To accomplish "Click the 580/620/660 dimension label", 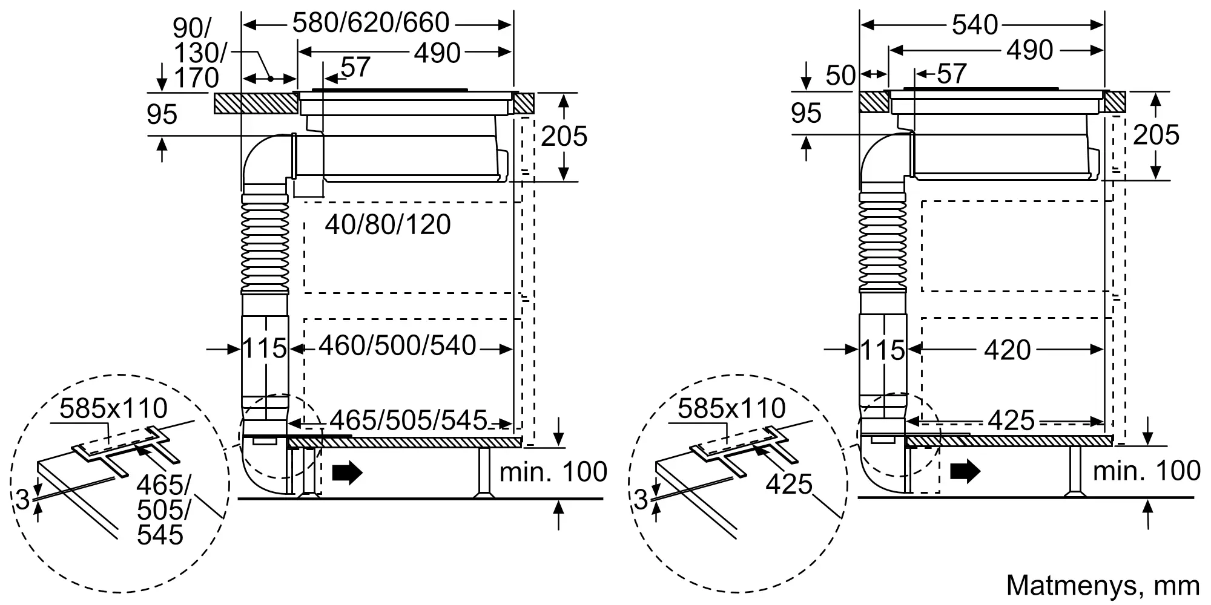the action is (x=371, y=24).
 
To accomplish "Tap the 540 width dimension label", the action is (x=975, y=25).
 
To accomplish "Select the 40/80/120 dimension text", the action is (x=388, y=224).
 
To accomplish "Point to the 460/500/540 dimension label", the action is (x=398, y=345).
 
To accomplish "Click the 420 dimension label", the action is (x=1008, y=350).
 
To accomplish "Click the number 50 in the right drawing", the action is (x=841, y=76).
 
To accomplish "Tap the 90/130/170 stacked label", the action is (x=197, y=53).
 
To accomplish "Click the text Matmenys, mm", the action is (x=1103, y=585).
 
